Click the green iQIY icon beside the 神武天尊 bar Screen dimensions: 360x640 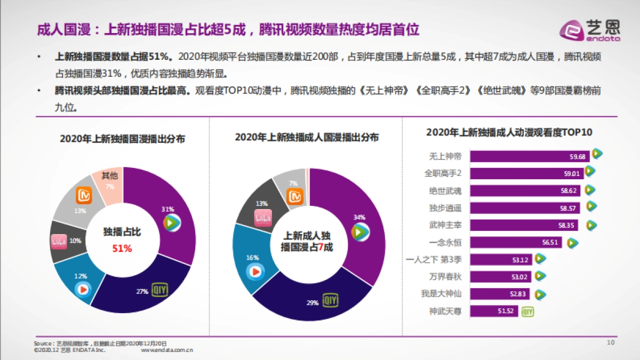click(527, 311)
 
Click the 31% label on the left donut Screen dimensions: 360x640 click(168, 210)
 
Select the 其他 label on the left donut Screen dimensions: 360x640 click(110, 175)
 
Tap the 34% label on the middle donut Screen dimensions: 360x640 click(359, 217)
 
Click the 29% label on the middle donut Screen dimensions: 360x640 click(313, 303)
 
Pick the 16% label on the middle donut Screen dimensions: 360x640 click(252, 258)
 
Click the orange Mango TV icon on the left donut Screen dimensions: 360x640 click(84, 195)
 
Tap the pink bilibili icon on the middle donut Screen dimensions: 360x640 click(263, 216)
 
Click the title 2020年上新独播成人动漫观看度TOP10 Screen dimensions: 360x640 click(509, 132)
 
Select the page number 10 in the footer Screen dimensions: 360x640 click(611, 342)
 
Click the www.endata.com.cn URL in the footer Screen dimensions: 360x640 click(166, 350)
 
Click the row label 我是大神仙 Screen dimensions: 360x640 click(441, 294)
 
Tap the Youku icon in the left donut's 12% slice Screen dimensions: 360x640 click(83, 289)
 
